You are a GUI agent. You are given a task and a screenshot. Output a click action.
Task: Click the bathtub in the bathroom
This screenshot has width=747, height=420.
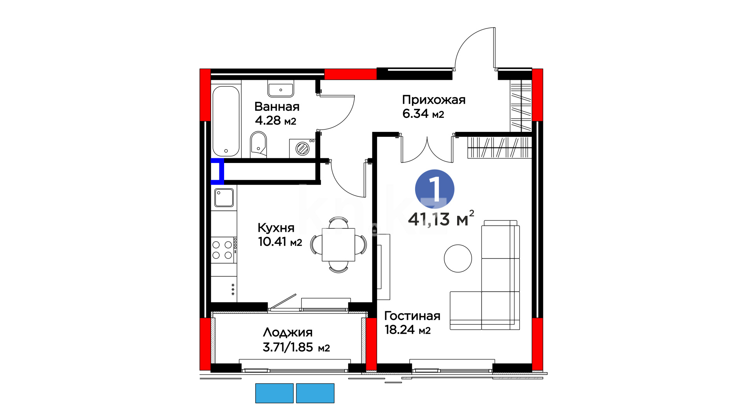226,121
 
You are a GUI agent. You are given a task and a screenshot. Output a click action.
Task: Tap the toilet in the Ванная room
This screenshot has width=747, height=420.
258,144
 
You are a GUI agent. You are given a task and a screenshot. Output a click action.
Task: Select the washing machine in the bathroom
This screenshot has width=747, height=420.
302,148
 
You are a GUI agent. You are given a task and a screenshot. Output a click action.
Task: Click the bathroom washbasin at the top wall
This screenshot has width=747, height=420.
281,89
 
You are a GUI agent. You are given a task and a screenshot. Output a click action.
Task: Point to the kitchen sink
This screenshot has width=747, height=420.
224,198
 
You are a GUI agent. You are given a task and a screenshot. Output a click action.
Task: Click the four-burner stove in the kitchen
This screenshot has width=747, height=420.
223,250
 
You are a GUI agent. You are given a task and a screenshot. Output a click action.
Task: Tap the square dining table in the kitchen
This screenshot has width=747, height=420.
338,245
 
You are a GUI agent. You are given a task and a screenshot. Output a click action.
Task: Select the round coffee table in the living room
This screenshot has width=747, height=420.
458,258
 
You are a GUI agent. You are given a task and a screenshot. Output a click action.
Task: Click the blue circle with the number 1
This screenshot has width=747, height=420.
435,189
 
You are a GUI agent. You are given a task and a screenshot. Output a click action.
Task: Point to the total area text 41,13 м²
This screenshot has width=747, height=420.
441,219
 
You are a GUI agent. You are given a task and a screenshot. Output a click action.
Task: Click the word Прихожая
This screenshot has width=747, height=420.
434,100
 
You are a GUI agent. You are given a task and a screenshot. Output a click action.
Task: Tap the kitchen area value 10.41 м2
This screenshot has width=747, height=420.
280,242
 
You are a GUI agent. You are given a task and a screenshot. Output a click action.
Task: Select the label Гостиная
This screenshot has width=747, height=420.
412,316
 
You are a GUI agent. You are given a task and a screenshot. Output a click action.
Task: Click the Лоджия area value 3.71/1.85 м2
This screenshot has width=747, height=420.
296,347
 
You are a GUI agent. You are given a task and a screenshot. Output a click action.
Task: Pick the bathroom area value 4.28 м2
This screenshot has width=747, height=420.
275,121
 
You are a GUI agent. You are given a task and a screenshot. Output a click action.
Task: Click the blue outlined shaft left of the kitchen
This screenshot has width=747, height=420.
217,171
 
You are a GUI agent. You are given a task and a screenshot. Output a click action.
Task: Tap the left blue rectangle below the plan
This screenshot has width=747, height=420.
274,393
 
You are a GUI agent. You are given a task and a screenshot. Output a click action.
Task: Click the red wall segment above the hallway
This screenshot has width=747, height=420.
351,74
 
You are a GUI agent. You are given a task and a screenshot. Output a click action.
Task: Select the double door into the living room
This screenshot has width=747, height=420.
427,149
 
